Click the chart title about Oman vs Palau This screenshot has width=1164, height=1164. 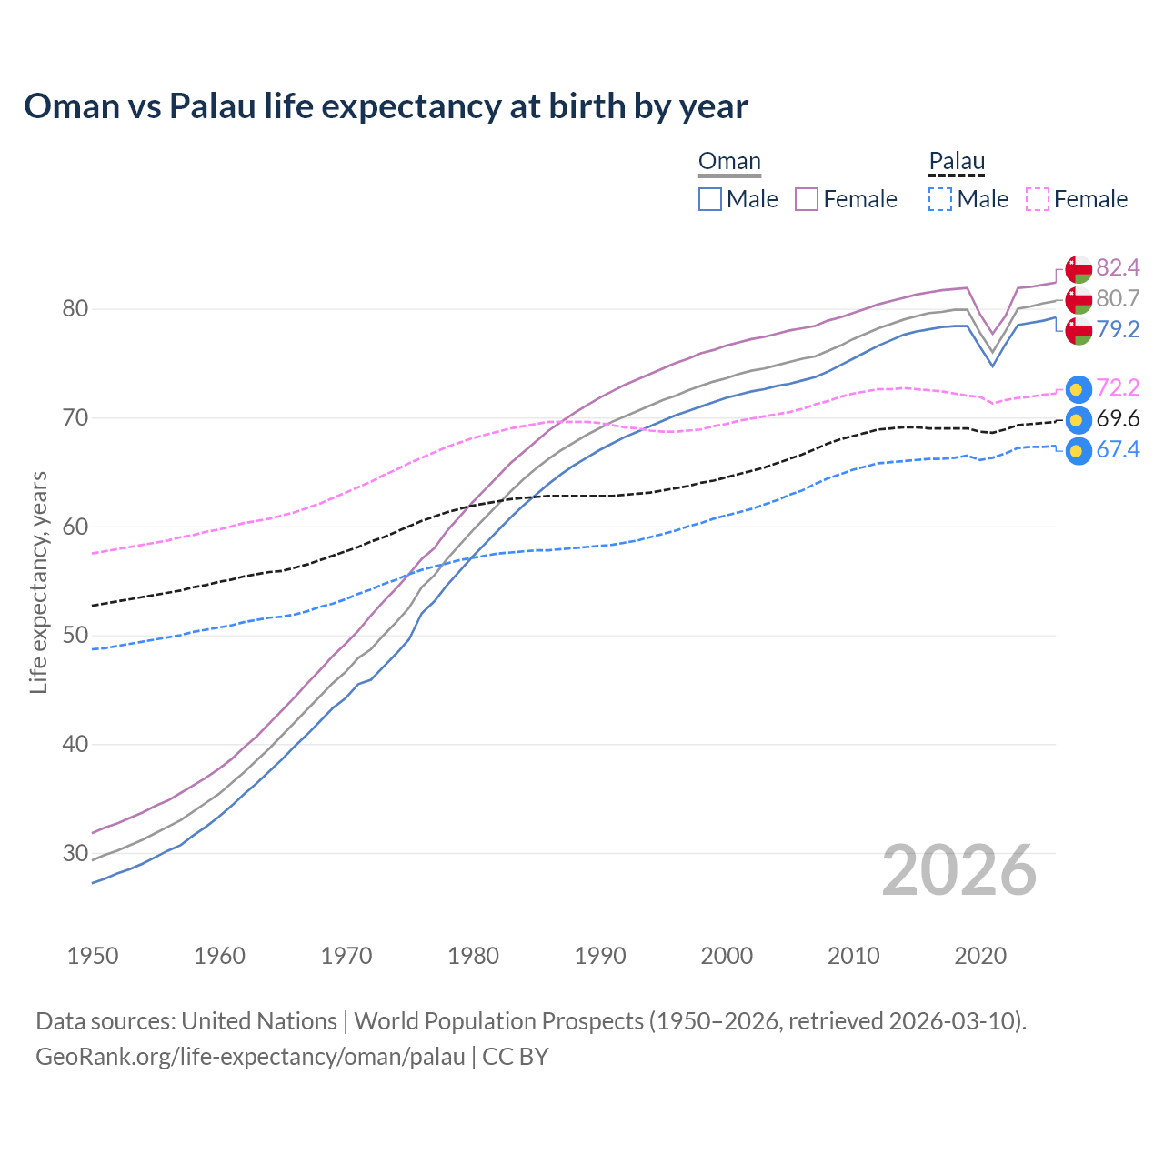(x=386, y=106)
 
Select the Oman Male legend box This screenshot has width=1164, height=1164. (x=710, y=199)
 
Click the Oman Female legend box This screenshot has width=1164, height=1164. (x=807, y=199)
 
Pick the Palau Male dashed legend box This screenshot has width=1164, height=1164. (x=940, y=199)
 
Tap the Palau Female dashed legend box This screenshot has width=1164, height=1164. (x=1037, y=199)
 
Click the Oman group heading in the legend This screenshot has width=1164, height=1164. (x=729, y=162)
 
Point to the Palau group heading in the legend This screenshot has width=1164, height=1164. (x=957, y=162)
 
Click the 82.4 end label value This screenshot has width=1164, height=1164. (x=1118, y=267)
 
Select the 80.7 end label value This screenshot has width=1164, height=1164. (x=1118, y=298)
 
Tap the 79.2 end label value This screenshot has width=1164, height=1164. (x=1118, y=329)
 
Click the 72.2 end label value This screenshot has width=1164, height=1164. (x=1118, y=387)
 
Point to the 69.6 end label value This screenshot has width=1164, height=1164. (x=1118, y=418)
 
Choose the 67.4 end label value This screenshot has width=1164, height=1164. (x=1118, y=449)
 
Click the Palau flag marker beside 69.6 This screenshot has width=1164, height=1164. (x=1078, y=420)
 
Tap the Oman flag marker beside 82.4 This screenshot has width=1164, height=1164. (x=1078, y=269)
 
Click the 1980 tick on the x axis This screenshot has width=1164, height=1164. (x=473, y=956)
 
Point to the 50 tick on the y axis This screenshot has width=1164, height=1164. (x=75, y=635)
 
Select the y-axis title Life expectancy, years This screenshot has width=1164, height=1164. (x=39, y=582)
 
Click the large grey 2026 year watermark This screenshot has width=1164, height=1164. (x=958, y=871)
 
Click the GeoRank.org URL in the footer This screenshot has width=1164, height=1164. (x=250, y=1057)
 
